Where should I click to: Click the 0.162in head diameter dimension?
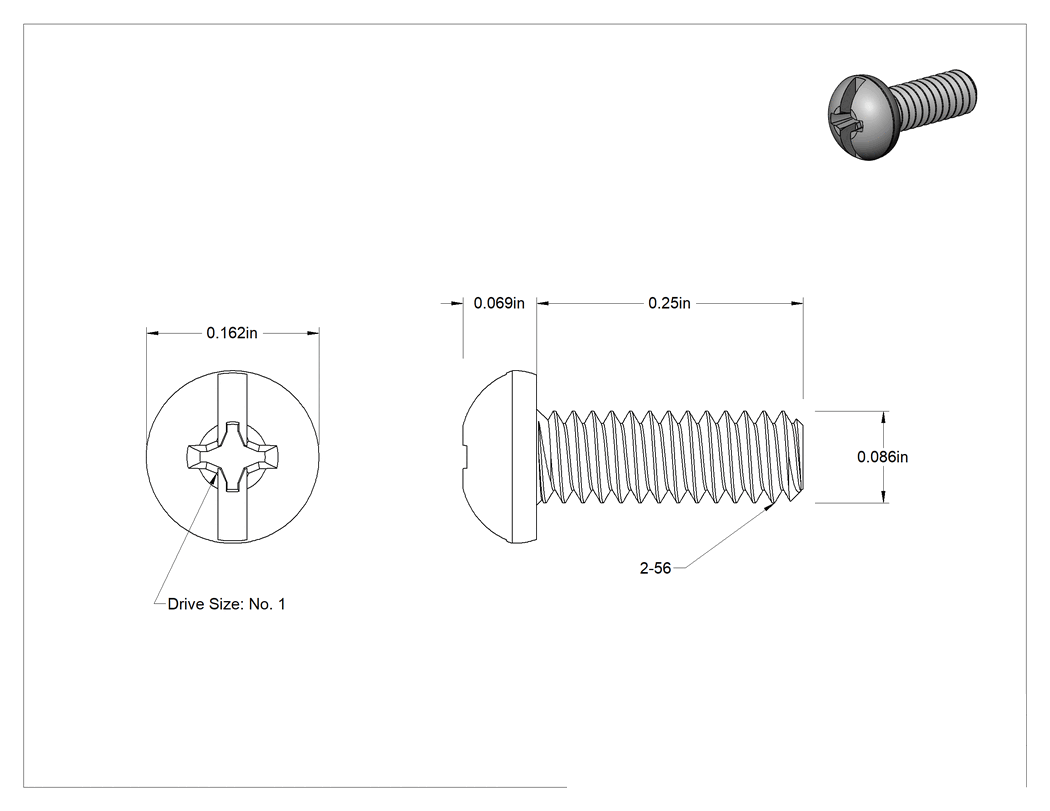point(232,333)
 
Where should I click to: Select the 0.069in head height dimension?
point(499,303)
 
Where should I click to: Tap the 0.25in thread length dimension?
point(669,303)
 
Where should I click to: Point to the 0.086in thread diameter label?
point(883,457)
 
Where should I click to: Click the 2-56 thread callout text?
point(655,568)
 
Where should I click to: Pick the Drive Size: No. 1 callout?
point(226,604)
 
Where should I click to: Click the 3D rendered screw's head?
point(860,119)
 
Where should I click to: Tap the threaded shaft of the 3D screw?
point(935,100)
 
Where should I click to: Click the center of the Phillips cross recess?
point(232,457)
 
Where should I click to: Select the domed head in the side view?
point(500,457)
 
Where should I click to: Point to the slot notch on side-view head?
point(465,457)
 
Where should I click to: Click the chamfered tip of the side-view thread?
point(807,457)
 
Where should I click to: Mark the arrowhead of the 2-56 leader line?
point(769,507)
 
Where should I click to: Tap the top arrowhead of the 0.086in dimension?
point(884,416)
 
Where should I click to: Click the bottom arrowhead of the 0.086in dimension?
point(884,498)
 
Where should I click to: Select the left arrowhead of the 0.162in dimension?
point(152,333)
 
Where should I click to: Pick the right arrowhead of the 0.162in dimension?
point(313,333)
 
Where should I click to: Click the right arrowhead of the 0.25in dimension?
point(797,303)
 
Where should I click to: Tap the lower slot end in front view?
point(232,540)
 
